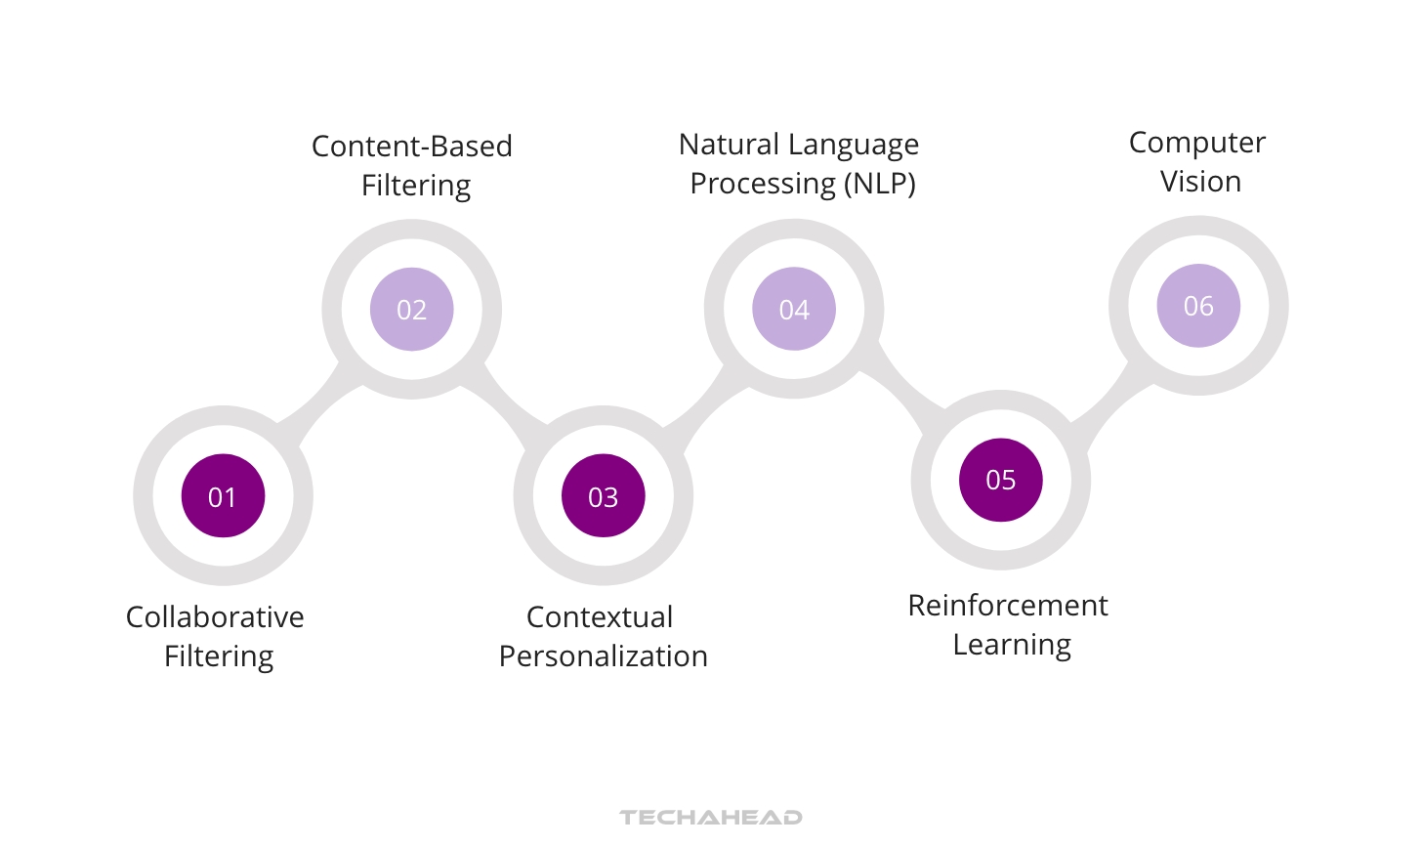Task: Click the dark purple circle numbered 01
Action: coord(223,496)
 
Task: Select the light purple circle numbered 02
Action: coord(411,310)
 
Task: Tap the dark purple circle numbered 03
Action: coord(603,496)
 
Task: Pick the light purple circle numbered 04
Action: coord(794,310)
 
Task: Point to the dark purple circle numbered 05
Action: coord(1000,480)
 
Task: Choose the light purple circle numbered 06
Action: coord(1198,306)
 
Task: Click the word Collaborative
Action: coord(215,617)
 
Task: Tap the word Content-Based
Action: coord(411,147)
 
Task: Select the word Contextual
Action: coord(600,617)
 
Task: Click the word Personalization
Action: coord(603,656)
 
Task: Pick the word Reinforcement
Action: coord(1008,606)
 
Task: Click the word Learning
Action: coord(1012,645)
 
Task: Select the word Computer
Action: coord(1197,143)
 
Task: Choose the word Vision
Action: coord(1200,182)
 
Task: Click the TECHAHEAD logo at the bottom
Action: coord(711,817)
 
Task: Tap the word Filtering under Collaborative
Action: coord(219,656)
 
